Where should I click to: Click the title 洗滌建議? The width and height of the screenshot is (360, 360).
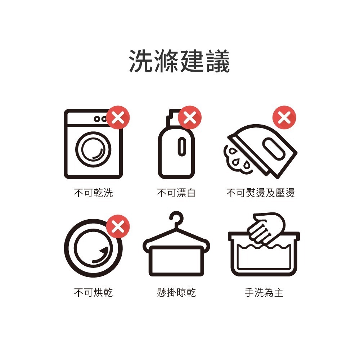click(x=179, y=62)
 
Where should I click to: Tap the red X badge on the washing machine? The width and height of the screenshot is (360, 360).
click(x=118, y=117)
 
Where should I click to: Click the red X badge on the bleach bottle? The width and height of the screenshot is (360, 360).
click(x=190, y=117)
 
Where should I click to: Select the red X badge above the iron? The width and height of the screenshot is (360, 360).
click(x=284, y=117)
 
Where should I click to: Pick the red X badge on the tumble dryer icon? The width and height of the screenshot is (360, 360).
click(x=118, y=226)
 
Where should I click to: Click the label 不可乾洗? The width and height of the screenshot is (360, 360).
click(x=93, y=193)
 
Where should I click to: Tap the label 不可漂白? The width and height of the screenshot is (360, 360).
click(x=176, y=193)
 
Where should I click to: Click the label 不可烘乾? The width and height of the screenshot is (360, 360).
click(x=93, y=292)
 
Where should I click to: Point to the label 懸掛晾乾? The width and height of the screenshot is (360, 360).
click(x=176, y=292)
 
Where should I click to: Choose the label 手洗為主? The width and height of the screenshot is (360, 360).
click(x=264, y=292)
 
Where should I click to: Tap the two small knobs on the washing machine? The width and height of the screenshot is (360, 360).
click(x=100, y=118)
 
